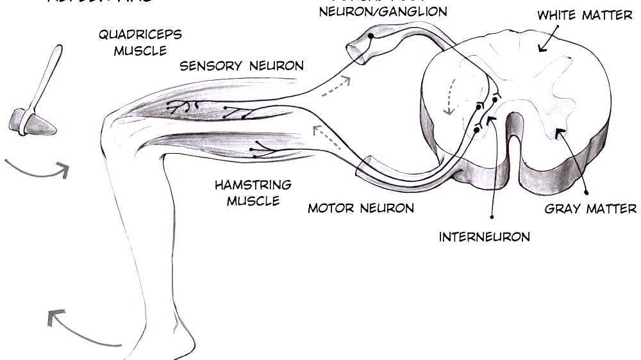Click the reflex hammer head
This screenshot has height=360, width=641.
click(x=32, y=122)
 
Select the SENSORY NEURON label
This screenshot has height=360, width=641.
click(x=242, y=65)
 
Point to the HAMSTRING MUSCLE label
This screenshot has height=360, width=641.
click(x=253, y=193)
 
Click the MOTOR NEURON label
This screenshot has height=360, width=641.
click(x=361, y=208)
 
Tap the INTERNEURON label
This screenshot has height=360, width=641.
click(x=485, y=237)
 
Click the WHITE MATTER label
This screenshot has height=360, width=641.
click(x=585, y=15)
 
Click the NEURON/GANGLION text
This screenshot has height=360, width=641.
click(x=383, y=12)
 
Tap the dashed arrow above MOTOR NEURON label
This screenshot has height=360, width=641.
click(x=327, y=139)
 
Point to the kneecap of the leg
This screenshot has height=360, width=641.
click(x=110, y=125)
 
